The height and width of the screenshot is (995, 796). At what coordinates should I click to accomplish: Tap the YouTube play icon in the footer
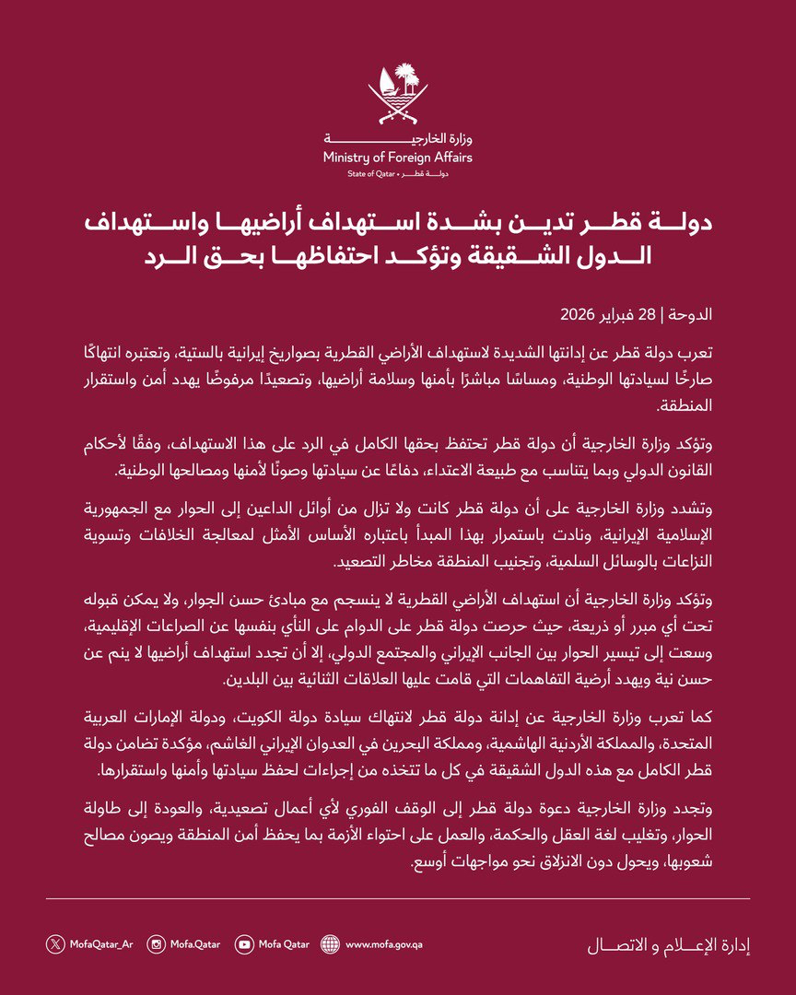tap(244, 943)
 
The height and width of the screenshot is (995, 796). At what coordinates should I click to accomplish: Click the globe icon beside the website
tap(330, 943)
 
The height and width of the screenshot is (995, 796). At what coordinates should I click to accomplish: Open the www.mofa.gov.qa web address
tap(384, 943)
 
